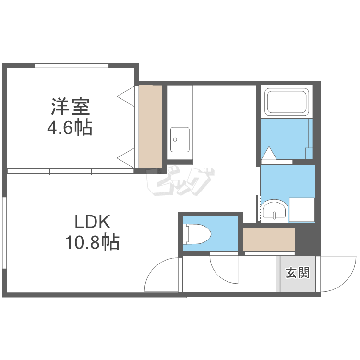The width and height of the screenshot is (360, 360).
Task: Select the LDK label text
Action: tap(92, 223)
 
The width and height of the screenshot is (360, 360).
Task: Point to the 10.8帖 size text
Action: tap(92, 242)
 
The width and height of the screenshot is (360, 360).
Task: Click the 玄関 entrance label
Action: tap(298, 274)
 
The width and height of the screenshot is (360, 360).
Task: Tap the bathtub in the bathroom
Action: tap(287, 101)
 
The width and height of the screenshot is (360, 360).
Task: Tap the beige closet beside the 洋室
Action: tap(150, 127)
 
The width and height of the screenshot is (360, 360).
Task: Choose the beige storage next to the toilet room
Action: tap(269, 239)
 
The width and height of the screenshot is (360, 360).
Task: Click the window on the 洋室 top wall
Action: tap(72, 65)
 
